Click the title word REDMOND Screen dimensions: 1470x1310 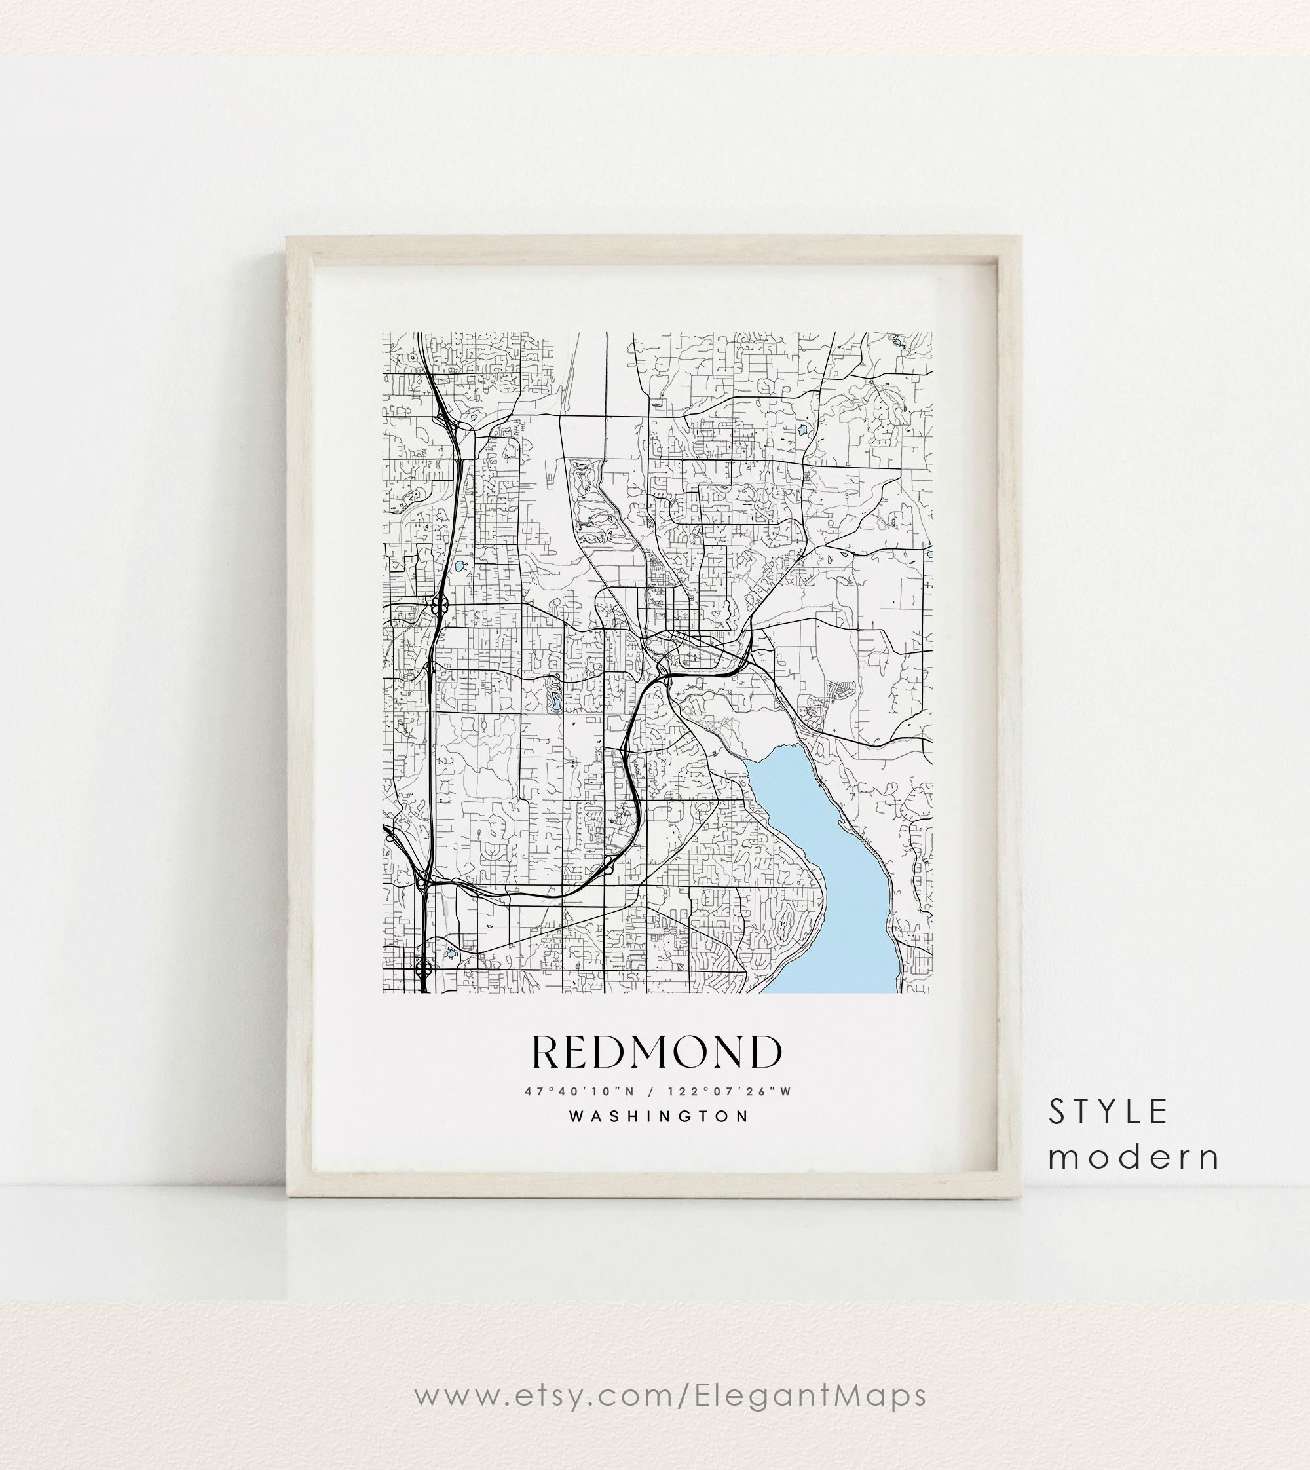coord(656,1053)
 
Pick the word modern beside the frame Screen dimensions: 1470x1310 coord(1134,1157)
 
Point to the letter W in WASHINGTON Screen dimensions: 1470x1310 coord(576,1116)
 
